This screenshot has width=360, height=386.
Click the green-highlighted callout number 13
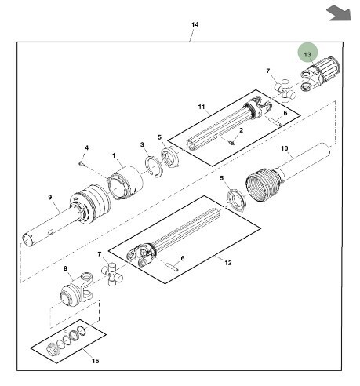click(308, 54)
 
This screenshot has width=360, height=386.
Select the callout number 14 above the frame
click(195, 25)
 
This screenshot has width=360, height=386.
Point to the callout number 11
click(202, 106)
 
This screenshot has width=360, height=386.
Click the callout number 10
click(285, 147)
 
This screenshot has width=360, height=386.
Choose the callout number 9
click(49, 197)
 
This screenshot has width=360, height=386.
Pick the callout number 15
click(96, 361)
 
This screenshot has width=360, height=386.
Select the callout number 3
click(142, 144)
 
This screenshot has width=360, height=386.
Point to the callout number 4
click(86, 147)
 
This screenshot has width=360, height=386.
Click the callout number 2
click(242, 129)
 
